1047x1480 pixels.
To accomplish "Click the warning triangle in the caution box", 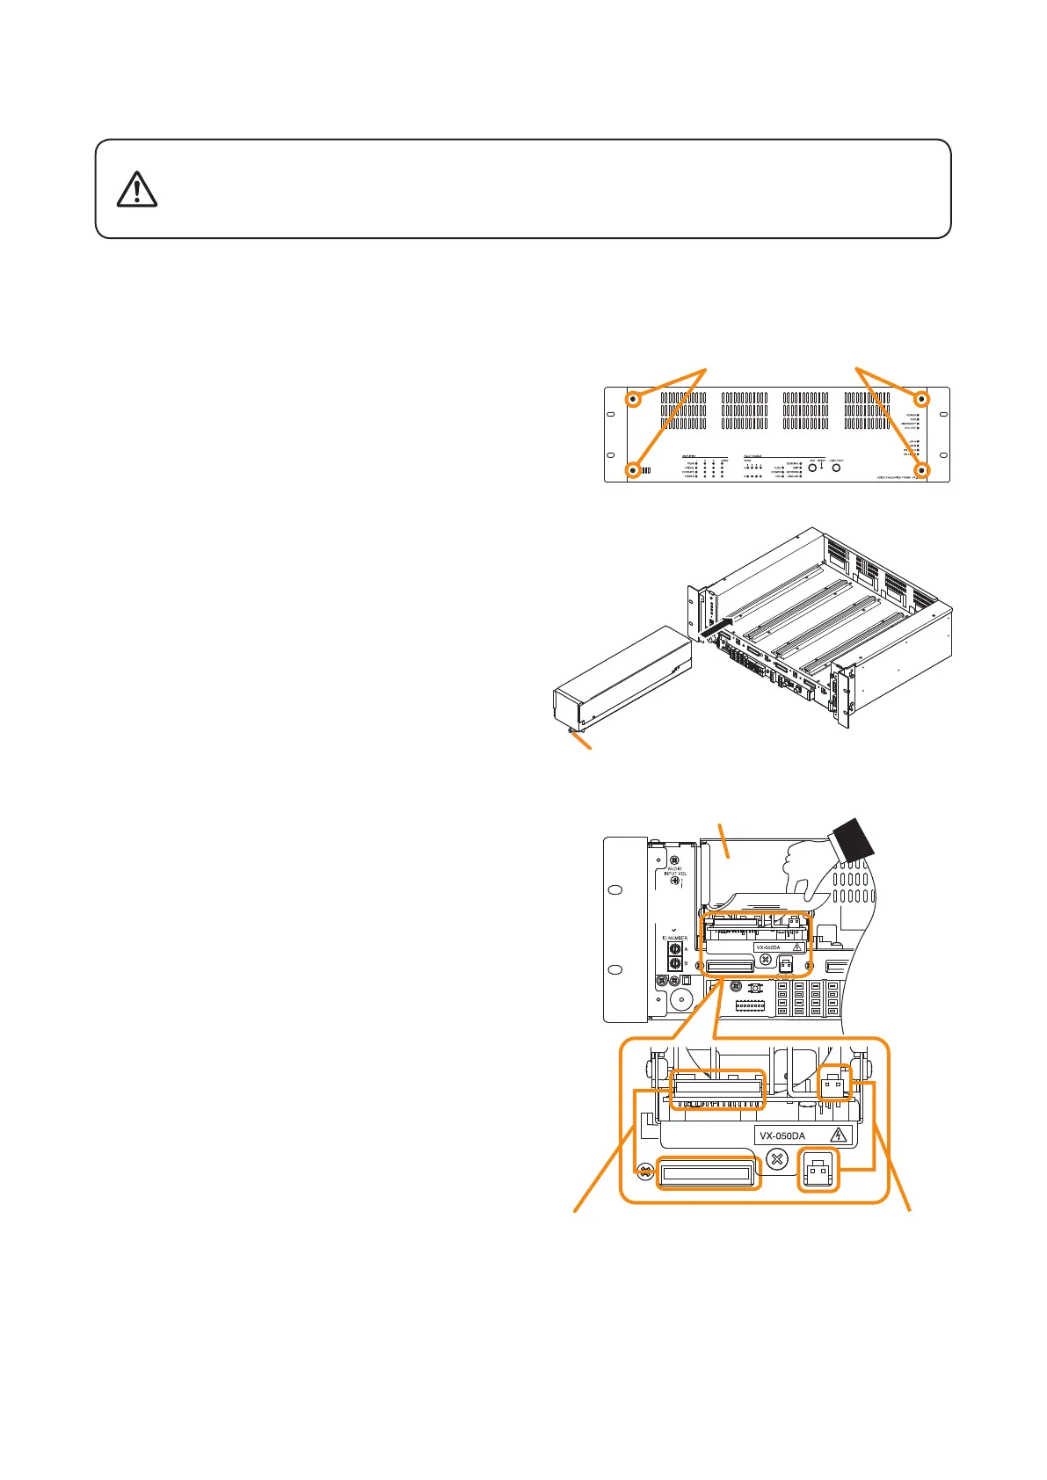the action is [x=136, y=189].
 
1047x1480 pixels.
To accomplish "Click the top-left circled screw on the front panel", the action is [x=633, y=399].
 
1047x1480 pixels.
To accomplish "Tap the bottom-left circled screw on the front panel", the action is [x=633, y=470].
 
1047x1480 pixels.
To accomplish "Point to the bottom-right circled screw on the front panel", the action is [x=922, y=470].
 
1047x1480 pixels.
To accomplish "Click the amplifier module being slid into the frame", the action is [x=620, y=681].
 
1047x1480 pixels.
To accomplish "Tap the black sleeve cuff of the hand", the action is [x=850, y=839].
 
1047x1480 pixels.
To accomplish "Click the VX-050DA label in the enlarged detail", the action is [x=782, y=1135].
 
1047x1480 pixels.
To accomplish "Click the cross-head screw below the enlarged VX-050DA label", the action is [x=776, y=1159].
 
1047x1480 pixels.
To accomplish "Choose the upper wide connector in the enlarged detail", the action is [x=717, y=1088].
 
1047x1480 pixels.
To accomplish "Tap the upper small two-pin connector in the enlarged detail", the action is [x=835, y=1086].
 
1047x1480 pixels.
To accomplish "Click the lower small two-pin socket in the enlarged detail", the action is [x=818, y=1172].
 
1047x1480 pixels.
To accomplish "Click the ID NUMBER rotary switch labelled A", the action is [x=674, y=949].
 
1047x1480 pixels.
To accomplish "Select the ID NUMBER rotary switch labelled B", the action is [x=674, y=964].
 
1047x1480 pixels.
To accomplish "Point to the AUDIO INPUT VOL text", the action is [x=674, y=872].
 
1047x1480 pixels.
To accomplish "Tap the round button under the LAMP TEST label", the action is [x=836, y=468].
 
